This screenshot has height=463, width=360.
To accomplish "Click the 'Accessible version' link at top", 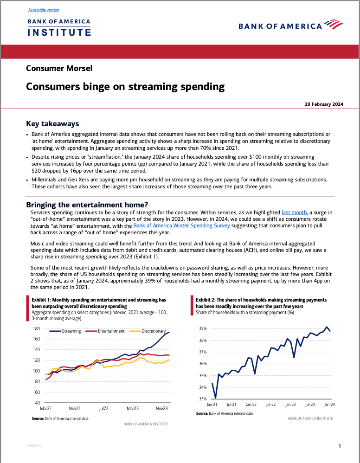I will point(44,10).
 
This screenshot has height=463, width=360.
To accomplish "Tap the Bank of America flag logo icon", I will point(334,24).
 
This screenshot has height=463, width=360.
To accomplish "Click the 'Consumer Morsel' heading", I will point(59,68).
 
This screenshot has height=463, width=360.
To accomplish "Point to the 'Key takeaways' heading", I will point(52,124).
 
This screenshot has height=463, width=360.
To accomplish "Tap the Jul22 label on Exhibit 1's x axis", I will point(104,409).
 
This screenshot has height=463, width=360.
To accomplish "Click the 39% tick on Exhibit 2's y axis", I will point(203,328).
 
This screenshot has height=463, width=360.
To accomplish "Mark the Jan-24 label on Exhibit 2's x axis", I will point(330,405).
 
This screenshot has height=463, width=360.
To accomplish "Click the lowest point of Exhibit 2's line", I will point(216,398).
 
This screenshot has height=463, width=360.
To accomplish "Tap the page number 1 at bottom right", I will point(340,446).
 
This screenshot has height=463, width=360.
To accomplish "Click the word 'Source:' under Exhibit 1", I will point(38,418).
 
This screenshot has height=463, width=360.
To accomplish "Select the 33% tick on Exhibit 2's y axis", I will point(203,399).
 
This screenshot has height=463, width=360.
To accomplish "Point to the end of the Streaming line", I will point(169,332).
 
